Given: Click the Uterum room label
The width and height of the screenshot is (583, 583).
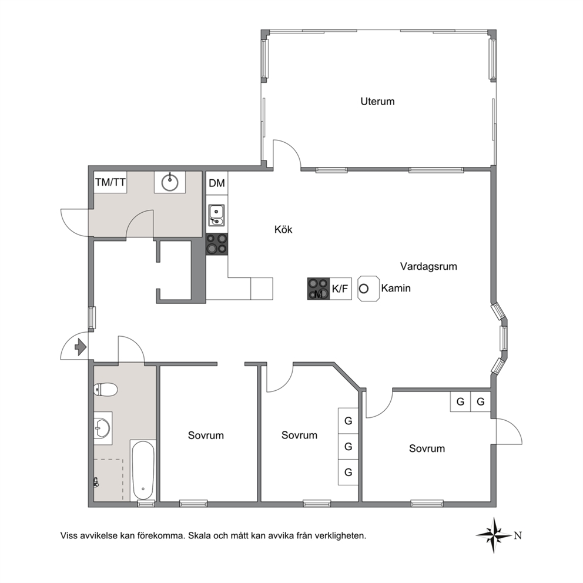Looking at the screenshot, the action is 377,102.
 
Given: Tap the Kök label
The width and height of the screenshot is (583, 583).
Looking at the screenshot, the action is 283,229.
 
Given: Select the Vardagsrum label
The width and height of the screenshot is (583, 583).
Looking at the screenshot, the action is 428,266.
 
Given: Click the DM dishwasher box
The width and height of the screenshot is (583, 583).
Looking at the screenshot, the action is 217,183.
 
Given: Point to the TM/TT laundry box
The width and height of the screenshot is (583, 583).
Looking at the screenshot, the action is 110,182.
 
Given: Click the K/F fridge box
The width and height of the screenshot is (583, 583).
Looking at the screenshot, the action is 340,289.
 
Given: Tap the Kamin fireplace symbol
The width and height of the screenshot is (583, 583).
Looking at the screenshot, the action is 368,289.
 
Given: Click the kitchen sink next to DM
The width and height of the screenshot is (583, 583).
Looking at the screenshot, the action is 216,215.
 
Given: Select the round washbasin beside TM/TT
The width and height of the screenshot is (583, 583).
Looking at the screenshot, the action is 170,182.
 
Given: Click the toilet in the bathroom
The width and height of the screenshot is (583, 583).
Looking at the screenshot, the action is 106,390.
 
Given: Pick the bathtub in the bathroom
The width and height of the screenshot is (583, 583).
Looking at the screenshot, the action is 143,471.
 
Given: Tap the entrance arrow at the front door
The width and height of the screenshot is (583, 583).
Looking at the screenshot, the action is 81,347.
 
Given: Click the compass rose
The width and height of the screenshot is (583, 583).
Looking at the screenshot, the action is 494,535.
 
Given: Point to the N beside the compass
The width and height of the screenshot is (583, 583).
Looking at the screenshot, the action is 518,535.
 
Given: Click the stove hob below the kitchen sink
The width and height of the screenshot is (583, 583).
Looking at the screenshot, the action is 217,244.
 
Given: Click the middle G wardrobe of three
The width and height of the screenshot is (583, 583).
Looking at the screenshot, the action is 348,447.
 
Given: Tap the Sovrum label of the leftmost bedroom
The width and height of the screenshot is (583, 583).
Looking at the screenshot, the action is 206,435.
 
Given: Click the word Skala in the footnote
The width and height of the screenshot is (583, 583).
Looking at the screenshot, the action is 199,536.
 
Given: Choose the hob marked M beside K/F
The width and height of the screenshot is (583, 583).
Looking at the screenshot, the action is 319,289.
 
